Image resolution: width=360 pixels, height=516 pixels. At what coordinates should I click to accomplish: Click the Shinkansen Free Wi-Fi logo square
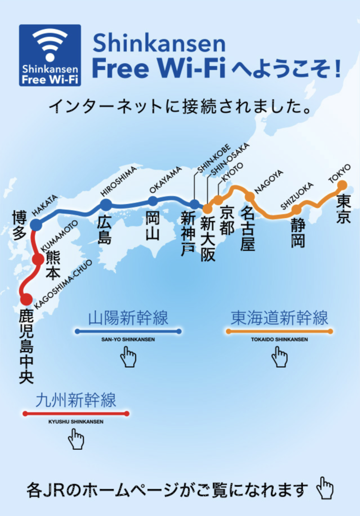pyautogui.click(x=50, y=55)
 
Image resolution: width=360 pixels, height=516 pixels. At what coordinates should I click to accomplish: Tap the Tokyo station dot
pyautogui.click(x=342, y=185)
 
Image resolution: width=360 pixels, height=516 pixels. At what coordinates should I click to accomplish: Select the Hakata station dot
pyautogui.click(x=36, y=224)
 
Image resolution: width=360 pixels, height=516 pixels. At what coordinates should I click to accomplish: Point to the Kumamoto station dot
pyautogui.click(x=38, y=260)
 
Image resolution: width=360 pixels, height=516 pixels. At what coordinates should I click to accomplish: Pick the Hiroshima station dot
pyautogui.click(x=105, y=205)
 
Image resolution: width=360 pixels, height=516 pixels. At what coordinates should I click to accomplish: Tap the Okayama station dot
pyautogui.click(x=153, y=201)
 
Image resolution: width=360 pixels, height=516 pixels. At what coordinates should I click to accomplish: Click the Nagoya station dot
pyautogui.click(x=250, y=197)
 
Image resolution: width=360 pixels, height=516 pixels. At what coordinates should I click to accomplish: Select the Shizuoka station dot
pyautogui.click(x=296, y=210)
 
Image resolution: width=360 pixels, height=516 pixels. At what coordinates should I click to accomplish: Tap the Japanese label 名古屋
pyautogui.click(x=248, y=228)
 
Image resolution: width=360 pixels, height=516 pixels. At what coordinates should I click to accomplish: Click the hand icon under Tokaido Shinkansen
pyautogui.click(x=280, y=357)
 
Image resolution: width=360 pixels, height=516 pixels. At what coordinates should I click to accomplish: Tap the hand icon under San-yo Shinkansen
pyautogui.click(x=128, y=357)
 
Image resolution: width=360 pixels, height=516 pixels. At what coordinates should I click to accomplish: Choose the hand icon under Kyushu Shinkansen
pyautogui.click(x=76, y=439)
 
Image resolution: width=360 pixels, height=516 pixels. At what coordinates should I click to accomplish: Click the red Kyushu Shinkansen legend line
pyautogui.click(x=76, y=414)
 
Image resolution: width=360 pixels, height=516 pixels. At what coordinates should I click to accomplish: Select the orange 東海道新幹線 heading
pyautogui.click(x=280, y=319)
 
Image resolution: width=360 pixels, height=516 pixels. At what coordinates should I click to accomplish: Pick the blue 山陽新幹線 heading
pyautogui.click(x=128, y=319)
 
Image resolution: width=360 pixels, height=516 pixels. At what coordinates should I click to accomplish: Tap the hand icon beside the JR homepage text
pyautogui.click(x=325, y=488)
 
